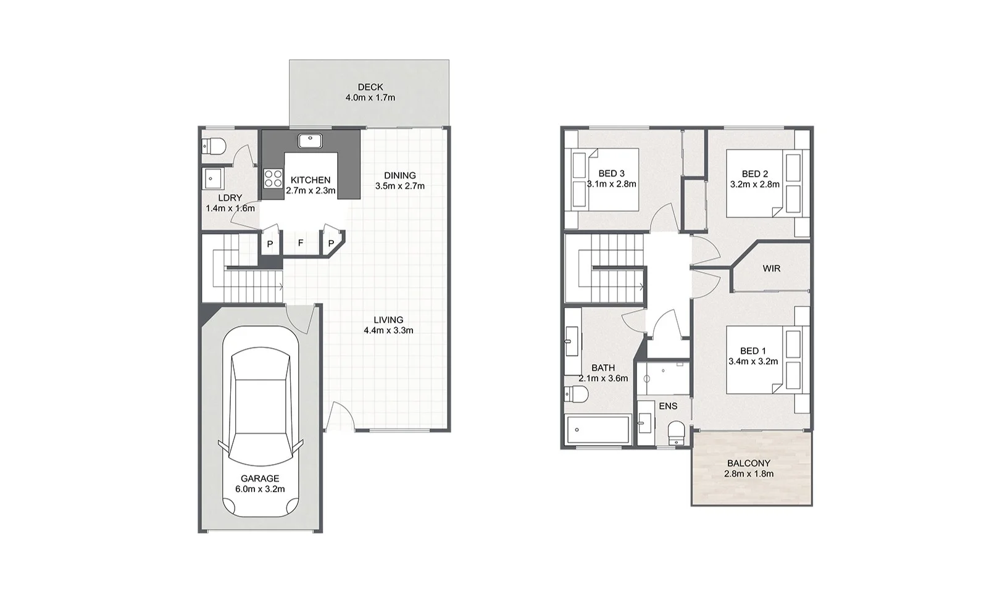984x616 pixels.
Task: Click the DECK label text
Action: (370, 87)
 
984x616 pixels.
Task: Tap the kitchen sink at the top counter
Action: (310, 141)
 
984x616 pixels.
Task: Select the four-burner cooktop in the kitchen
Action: (272, 178)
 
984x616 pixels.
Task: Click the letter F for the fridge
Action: (301, 243)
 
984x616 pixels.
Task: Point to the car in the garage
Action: (260, 420)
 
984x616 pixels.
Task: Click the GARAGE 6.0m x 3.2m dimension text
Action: (260, 489)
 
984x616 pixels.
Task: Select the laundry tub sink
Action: (214, 179)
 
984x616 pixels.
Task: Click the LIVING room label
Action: (388, 320)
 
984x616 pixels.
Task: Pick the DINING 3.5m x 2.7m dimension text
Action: (400, 186)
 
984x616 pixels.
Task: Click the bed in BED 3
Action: (605, 178)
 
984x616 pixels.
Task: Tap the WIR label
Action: (771, 268)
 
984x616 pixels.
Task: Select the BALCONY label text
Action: (748, 463)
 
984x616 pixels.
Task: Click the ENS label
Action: (668, 406)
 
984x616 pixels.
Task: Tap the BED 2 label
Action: (754, 173)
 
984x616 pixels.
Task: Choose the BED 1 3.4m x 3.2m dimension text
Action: (753, 362)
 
